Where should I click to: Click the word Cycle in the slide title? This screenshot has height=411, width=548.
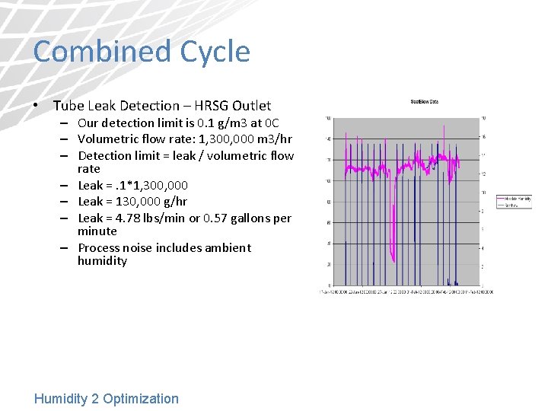click(215, 52)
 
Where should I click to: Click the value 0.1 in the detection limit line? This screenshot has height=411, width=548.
click(200, 123)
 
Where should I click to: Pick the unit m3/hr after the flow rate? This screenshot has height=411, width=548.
click(275, 139)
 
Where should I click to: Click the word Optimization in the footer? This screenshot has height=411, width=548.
click(141, 399)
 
